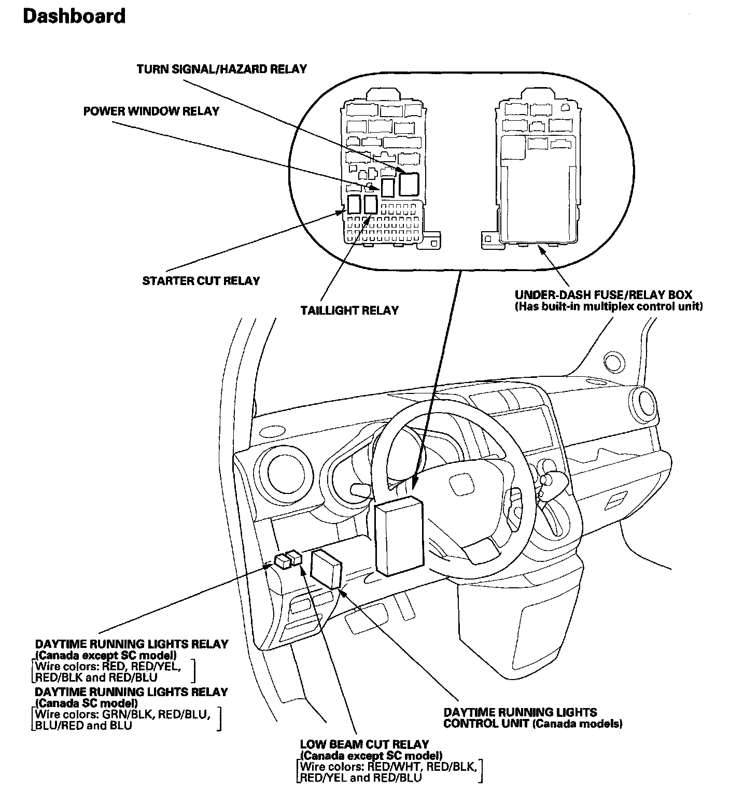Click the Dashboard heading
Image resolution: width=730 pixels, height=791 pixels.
point(74,17)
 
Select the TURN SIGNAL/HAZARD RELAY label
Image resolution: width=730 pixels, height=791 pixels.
point(221,69)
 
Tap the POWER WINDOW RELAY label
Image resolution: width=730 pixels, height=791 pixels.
point(151,111)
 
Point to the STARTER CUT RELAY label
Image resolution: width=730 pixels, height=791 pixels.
point(201,281)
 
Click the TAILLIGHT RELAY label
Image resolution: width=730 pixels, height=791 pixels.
point(349,310)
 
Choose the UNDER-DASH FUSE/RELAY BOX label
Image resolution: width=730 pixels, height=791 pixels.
point(603,295)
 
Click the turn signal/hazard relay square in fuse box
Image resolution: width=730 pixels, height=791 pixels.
point(409,184)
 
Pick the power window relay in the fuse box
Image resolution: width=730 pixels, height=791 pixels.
point(388,188)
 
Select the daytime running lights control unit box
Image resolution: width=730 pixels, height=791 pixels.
point(326,569)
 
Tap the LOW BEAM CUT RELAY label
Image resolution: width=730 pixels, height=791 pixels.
point(364,744)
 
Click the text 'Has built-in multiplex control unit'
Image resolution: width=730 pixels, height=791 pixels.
point(609,306)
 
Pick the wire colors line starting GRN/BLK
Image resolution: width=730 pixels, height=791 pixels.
point(123,714)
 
